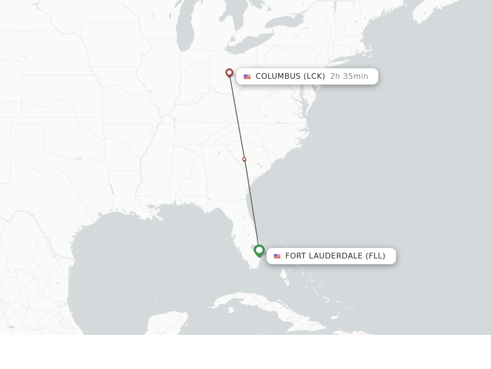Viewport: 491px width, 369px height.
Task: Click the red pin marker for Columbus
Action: coord(229,73)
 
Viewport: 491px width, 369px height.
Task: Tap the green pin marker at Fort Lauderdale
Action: coord(259,250)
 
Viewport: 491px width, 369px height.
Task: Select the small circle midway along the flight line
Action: coord(244,159)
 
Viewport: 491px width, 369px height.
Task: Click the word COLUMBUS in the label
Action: coord(278,76)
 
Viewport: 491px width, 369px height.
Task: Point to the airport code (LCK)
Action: coord(314,76)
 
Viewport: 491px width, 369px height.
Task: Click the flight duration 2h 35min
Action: coord(349,76)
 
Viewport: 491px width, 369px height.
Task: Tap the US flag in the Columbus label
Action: coord(247,76)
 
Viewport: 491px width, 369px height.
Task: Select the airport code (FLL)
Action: coord(375,256)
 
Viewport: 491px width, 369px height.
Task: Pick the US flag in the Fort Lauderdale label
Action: coord(277,256)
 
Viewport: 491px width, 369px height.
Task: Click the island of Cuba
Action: coord(259,307)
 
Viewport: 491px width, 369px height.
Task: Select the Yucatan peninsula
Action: coord(168,322)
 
